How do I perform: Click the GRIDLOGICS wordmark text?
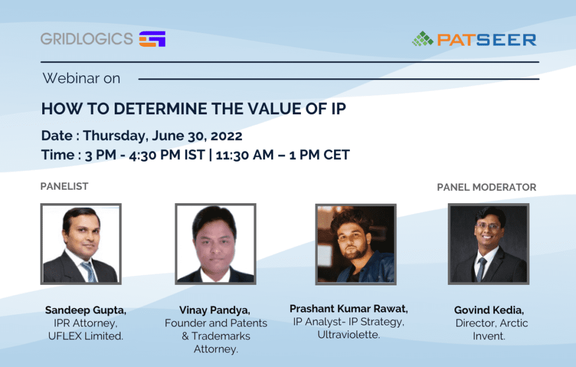87,39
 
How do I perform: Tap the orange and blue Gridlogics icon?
152,39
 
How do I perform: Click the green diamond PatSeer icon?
422,39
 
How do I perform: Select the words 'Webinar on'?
82,78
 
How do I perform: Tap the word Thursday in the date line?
115,136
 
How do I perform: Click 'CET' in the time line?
336,155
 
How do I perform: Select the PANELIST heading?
64,186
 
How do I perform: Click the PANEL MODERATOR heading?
487,187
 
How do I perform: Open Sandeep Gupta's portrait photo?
81,244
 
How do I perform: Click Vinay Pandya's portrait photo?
215,244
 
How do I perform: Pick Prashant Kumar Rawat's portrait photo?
356,244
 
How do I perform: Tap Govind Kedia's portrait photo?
489,244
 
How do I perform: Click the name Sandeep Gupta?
85,310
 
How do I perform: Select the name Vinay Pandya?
214,310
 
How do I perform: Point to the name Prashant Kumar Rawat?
349,309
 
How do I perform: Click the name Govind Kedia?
489,310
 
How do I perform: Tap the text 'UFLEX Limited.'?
85,336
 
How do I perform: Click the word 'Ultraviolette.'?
349,335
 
